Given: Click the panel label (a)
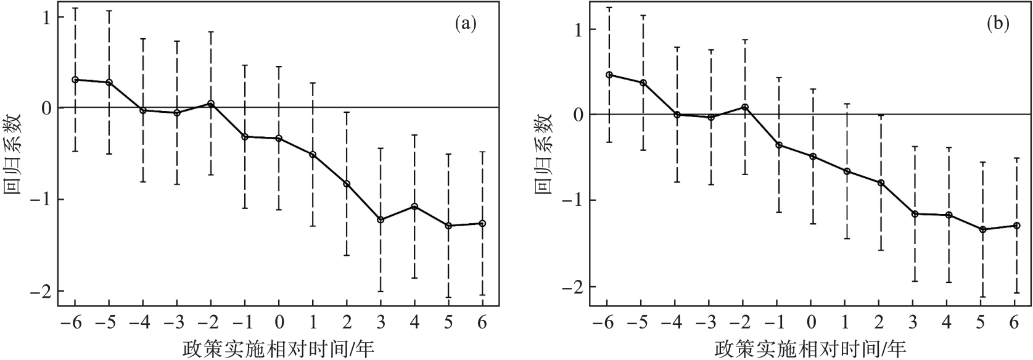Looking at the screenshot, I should coord(466,24).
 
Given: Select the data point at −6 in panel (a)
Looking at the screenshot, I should coord(75,80).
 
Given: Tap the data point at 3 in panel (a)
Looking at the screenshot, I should coord(381,219).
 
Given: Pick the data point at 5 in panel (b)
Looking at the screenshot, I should coord(982,229).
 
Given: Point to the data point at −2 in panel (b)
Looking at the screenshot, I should coord(745,107).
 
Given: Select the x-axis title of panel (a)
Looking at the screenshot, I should coord(278,349).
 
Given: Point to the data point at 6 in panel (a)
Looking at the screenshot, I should coord(482,223).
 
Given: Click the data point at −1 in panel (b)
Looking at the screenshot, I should coord(779,145).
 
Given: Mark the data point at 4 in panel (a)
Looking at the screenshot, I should coord(414,207).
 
